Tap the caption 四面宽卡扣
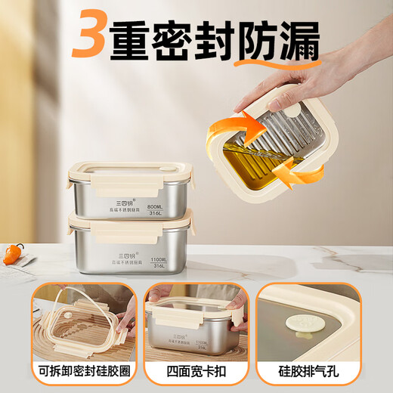coord(196,373)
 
